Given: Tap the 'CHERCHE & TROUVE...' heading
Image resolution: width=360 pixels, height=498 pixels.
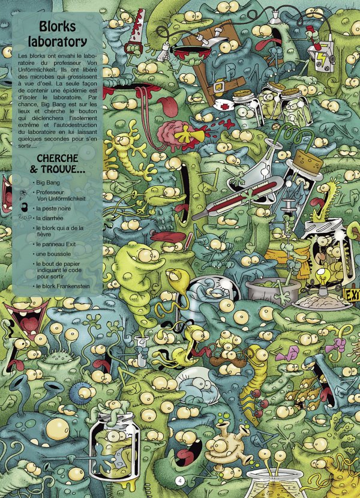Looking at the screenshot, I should click(x=61, y=164).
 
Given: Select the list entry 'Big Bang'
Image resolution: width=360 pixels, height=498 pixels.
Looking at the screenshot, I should click(x=49, y=181).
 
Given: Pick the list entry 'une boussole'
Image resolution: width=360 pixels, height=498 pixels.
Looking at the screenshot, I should click(x=55, y=254).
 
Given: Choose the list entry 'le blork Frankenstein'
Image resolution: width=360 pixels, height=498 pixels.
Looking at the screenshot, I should click(x=62, y=286).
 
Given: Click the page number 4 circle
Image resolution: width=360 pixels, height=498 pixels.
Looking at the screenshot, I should click(x=178, y=481).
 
